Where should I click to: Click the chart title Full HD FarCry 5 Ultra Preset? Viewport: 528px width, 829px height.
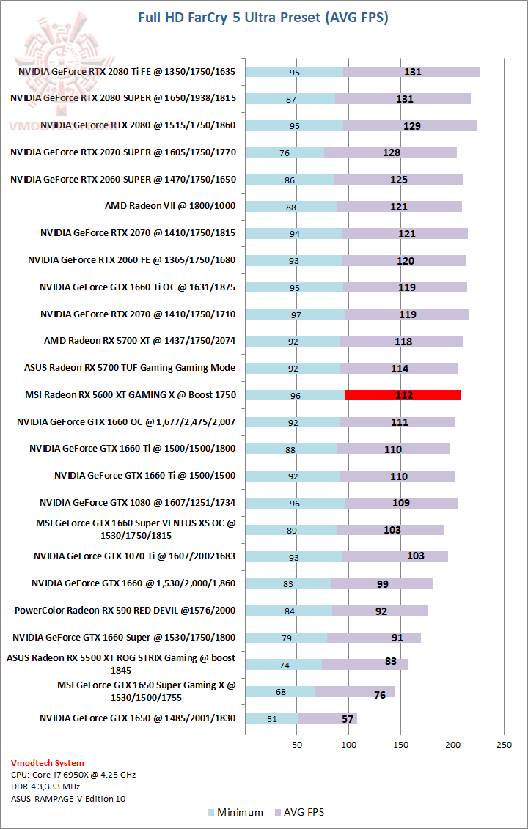(263, 17)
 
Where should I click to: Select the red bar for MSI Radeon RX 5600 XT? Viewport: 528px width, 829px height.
(403, 395)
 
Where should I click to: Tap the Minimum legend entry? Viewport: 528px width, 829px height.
(235, 812)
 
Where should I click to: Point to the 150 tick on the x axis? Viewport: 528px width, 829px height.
(400, 745)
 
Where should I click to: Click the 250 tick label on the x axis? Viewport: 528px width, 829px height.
(504, 745)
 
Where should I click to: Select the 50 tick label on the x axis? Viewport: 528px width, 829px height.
(297, 745)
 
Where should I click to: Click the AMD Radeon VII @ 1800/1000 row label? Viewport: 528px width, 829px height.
(170, 206)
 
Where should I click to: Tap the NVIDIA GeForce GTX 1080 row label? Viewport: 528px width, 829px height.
(138, 503)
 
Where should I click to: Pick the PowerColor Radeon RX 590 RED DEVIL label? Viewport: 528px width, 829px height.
(125, 611)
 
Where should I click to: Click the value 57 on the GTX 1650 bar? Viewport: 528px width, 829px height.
(348, 719)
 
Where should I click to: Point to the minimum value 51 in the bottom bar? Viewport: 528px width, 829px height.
(272, 719)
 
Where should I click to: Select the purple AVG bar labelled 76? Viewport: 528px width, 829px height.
(355, 692)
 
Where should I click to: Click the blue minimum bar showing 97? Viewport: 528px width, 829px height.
(296, 314)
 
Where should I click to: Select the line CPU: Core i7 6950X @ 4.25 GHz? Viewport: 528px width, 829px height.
(73, 775)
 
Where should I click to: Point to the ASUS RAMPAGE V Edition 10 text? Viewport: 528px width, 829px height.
(68, 798)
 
